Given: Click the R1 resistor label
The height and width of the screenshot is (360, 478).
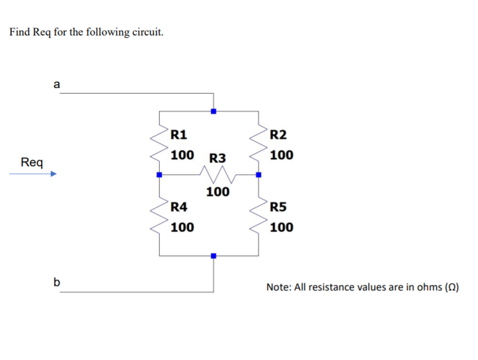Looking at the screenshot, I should [x=179, y=134].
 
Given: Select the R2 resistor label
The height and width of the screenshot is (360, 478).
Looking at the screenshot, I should [x=279, y=134].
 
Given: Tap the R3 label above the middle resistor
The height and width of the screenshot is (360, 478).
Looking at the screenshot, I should [x=218, y=158].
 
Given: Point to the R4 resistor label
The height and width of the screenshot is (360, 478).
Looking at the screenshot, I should [x=179, y=207].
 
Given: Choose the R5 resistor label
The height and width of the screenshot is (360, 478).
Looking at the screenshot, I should [x=279, y=207].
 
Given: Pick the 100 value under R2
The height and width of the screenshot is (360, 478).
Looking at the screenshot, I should [x=281, y=155].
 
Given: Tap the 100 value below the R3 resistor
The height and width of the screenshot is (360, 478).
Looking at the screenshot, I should [x=218, y=193].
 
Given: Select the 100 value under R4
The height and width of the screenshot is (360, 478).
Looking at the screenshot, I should [x=182, y=227].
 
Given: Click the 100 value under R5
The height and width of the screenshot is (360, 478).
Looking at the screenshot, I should [x=281, y=227].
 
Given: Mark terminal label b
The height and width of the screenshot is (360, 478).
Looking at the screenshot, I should [x=57, y=282].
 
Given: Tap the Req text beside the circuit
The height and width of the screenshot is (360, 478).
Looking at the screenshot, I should [x=32, y=162].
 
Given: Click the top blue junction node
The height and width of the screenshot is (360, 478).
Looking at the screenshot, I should [x=213, y=111].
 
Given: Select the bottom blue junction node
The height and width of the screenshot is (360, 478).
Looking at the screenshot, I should [x=213, y=255].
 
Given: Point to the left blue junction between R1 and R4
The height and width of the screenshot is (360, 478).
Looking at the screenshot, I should [x=159, y=175].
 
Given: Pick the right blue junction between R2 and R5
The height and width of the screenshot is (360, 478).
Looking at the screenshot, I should [x=259, y=175].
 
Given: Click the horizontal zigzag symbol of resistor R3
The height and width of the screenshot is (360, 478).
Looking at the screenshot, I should [x=214, y=175].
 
